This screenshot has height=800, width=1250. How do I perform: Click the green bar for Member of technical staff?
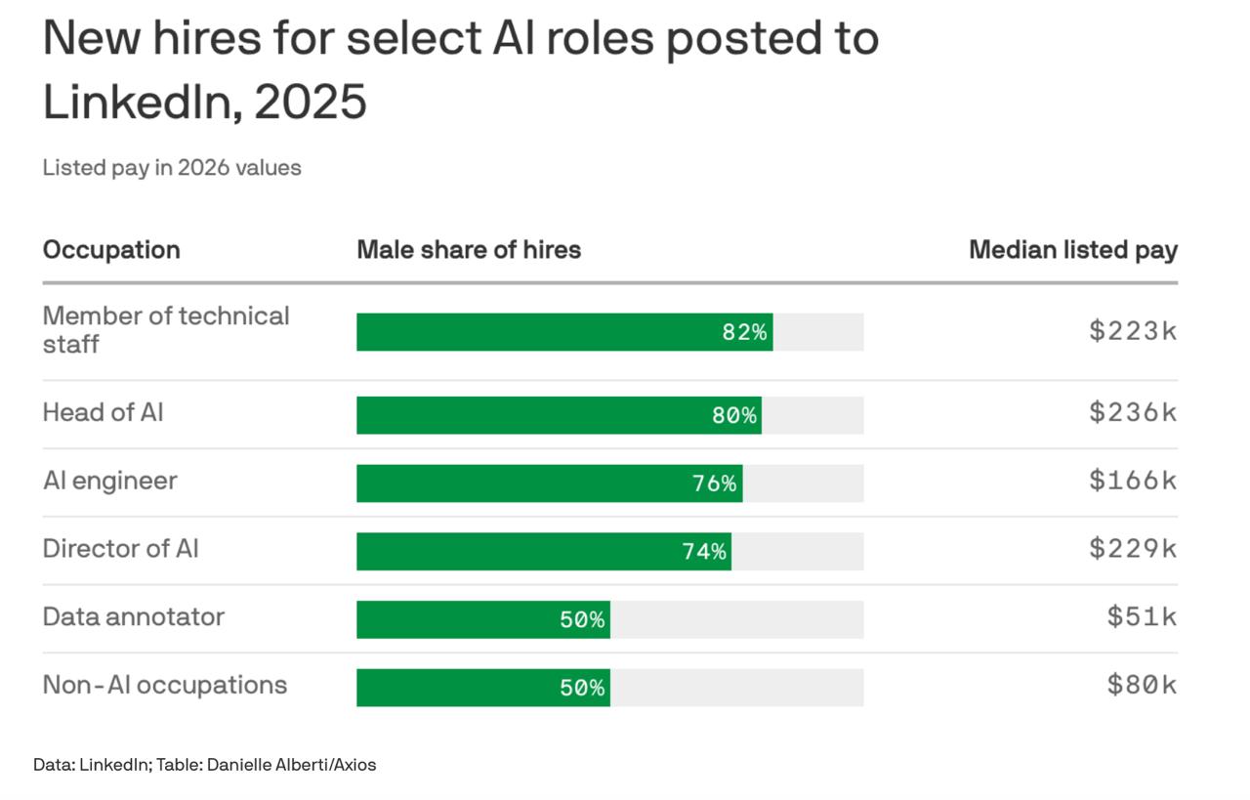click(x=564, y=332)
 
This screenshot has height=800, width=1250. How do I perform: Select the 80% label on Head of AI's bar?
click(x=734, y=415)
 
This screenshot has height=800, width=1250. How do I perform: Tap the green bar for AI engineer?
click(x=550, y=484)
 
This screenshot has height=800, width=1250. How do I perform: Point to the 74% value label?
click(x=704, y=552)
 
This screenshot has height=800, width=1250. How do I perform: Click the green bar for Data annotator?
click(x=483, y=619)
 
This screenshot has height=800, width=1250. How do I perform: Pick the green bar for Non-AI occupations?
click(x=483, y=688)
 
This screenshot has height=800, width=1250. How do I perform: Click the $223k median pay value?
click(x=1133, y=330)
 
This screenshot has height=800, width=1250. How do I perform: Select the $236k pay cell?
click(x=1133, y=412)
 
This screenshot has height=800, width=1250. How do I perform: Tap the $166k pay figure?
click(x=1133, y=481)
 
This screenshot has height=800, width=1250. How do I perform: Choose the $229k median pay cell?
click(x=1133, y=549)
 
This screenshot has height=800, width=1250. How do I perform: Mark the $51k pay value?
click(x=1142, y=617)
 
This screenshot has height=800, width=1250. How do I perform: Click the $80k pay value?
click(x=1142, y=685)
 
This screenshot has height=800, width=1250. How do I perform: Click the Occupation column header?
click(x=111, y=250)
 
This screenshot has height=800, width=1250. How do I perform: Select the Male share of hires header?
click(x=469, y=249)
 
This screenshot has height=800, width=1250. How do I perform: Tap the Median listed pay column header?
click(x=1073, y=250)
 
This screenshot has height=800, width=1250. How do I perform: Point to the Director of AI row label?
click(x=120, y=549)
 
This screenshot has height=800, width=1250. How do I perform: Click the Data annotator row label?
click(x=134, y=617)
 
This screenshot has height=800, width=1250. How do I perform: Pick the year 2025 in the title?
click(x=311, y=102)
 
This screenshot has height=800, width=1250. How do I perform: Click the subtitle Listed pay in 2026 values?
click(x=172, y=167)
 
